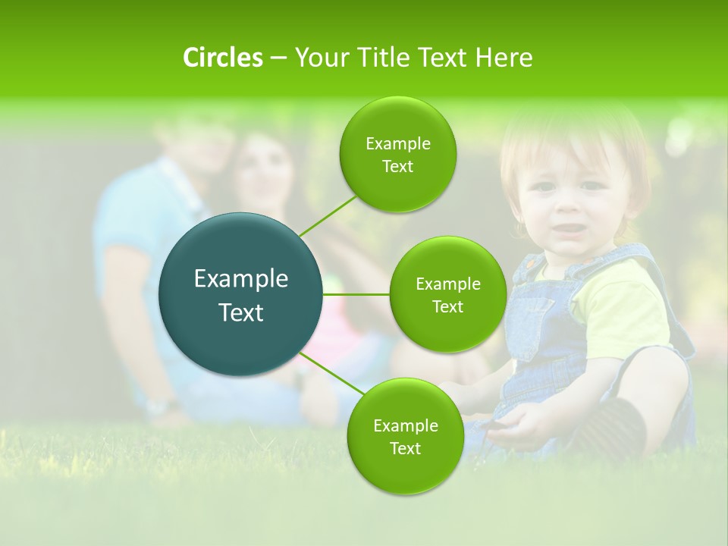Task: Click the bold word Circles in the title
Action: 223,58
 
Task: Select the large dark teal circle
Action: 241,294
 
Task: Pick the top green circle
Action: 397,154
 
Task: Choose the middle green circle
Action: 447,294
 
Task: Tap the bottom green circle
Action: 405,436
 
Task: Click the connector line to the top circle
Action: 328,215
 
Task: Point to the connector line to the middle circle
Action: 356,294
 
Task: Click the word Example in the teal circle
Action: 241,279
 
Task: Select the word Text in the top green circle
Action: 397,167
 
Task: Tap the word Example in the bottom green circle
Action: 405,425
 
